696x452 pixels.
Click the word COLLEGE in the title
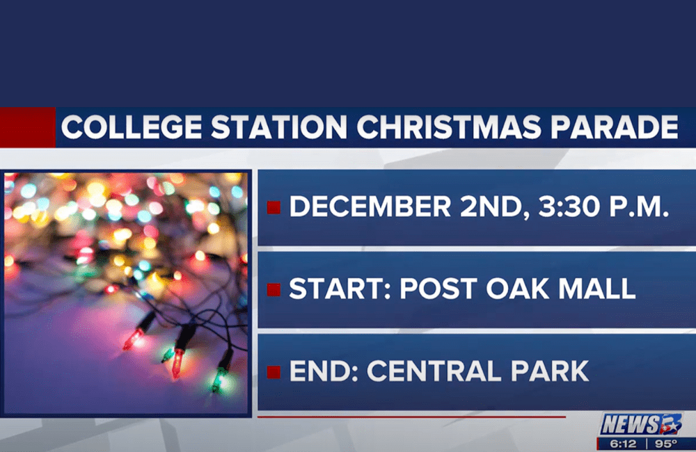pos(132,127)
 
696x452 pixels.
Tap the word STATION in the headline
pos(279,127)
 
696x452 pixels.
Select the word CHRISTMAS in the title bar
pos(449,127)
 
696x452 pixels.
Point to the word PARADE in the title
pos(615,127)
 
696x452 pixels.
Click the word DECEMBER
pos(370,207)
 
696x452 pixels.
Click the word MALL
pos(596,289)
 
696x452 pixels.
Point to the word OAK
pos(517,289)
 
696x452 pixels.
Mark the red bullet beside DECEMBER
pos(274,207)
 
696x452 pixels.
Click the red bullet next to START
pos(274,290)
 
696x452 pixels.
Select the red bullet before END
pos(274,372)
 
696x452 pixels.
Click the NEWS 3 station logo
pos(640,424)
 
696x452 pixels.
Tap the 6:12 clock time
pos(623,444)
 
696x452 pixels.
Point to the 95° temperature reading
pos(666,444)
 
